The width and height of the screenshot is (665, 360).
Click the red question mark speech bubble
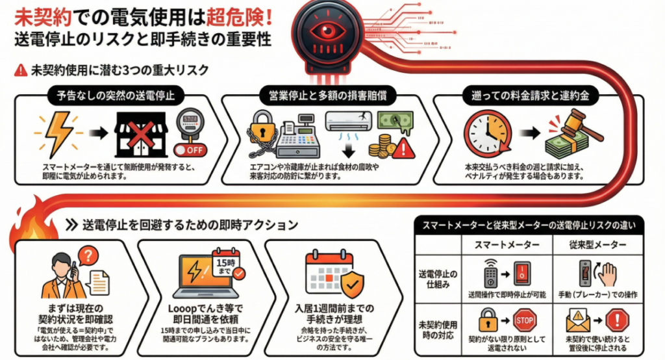pyautogui.click(x=91, y=256)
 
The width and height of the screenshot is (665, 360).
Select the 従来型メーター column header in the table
pyautogui.click(x=593, y=244)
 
